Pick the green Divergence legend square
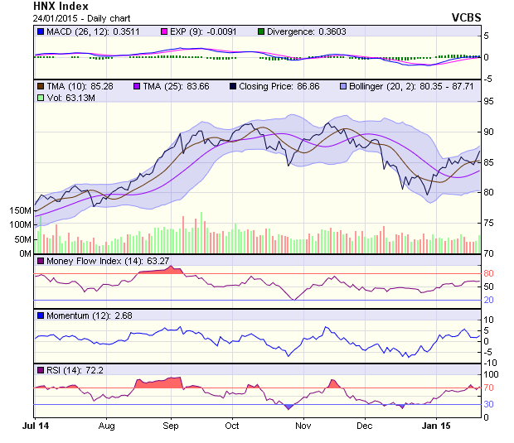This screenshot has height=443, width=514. pos(261,31)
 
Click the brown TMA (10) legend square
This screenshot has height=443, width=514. pos(39,85)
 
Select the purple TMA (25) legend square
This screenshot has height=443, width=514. pos(137,85)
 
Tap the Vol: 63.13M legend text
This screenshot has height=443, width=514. pos(67,98)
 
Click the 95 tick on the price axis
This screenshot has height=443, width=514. pos(489,102)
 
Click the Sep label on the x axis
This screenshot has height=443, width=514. pos(171,426)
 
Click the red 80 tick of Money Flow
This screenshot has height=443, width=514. pos(489,273)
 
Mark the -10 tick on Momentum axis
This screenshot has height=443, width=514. pos(490,363)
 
